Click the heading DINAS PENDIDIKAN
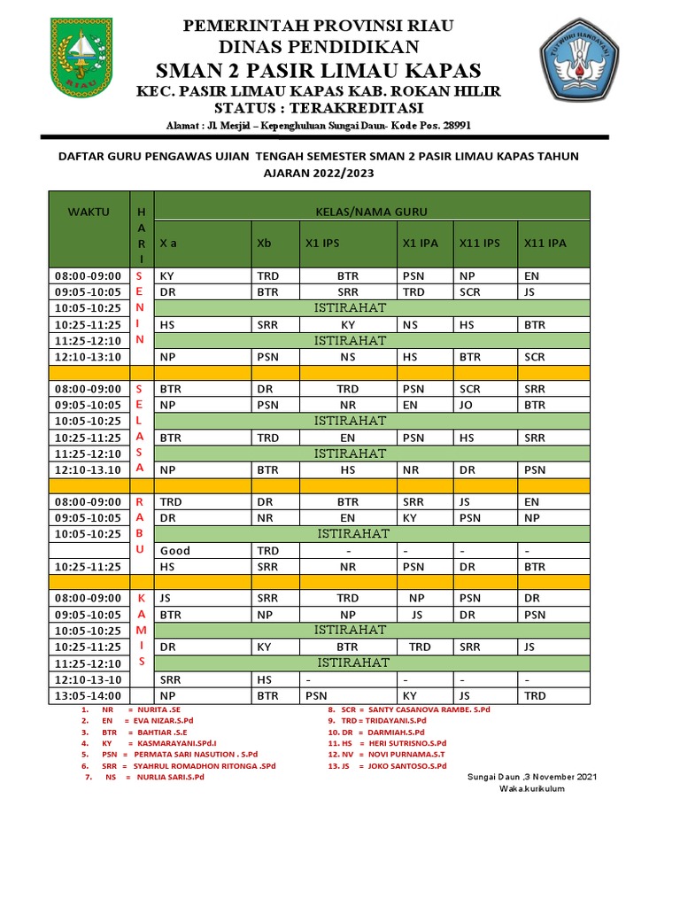pyautogui.click(x=318, y=47)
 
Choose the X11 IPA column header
pyautogui.click(x=545, y=243)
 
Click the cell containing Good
pyautogui.click(x=175, y=550)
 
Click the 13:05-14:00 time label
pyautogui.click(x=88, y=696)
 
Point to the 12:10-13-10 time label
pyautogui.click(x=88, y=679)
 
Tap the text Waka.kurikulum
pyautogui.click(x=532, y=788)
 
